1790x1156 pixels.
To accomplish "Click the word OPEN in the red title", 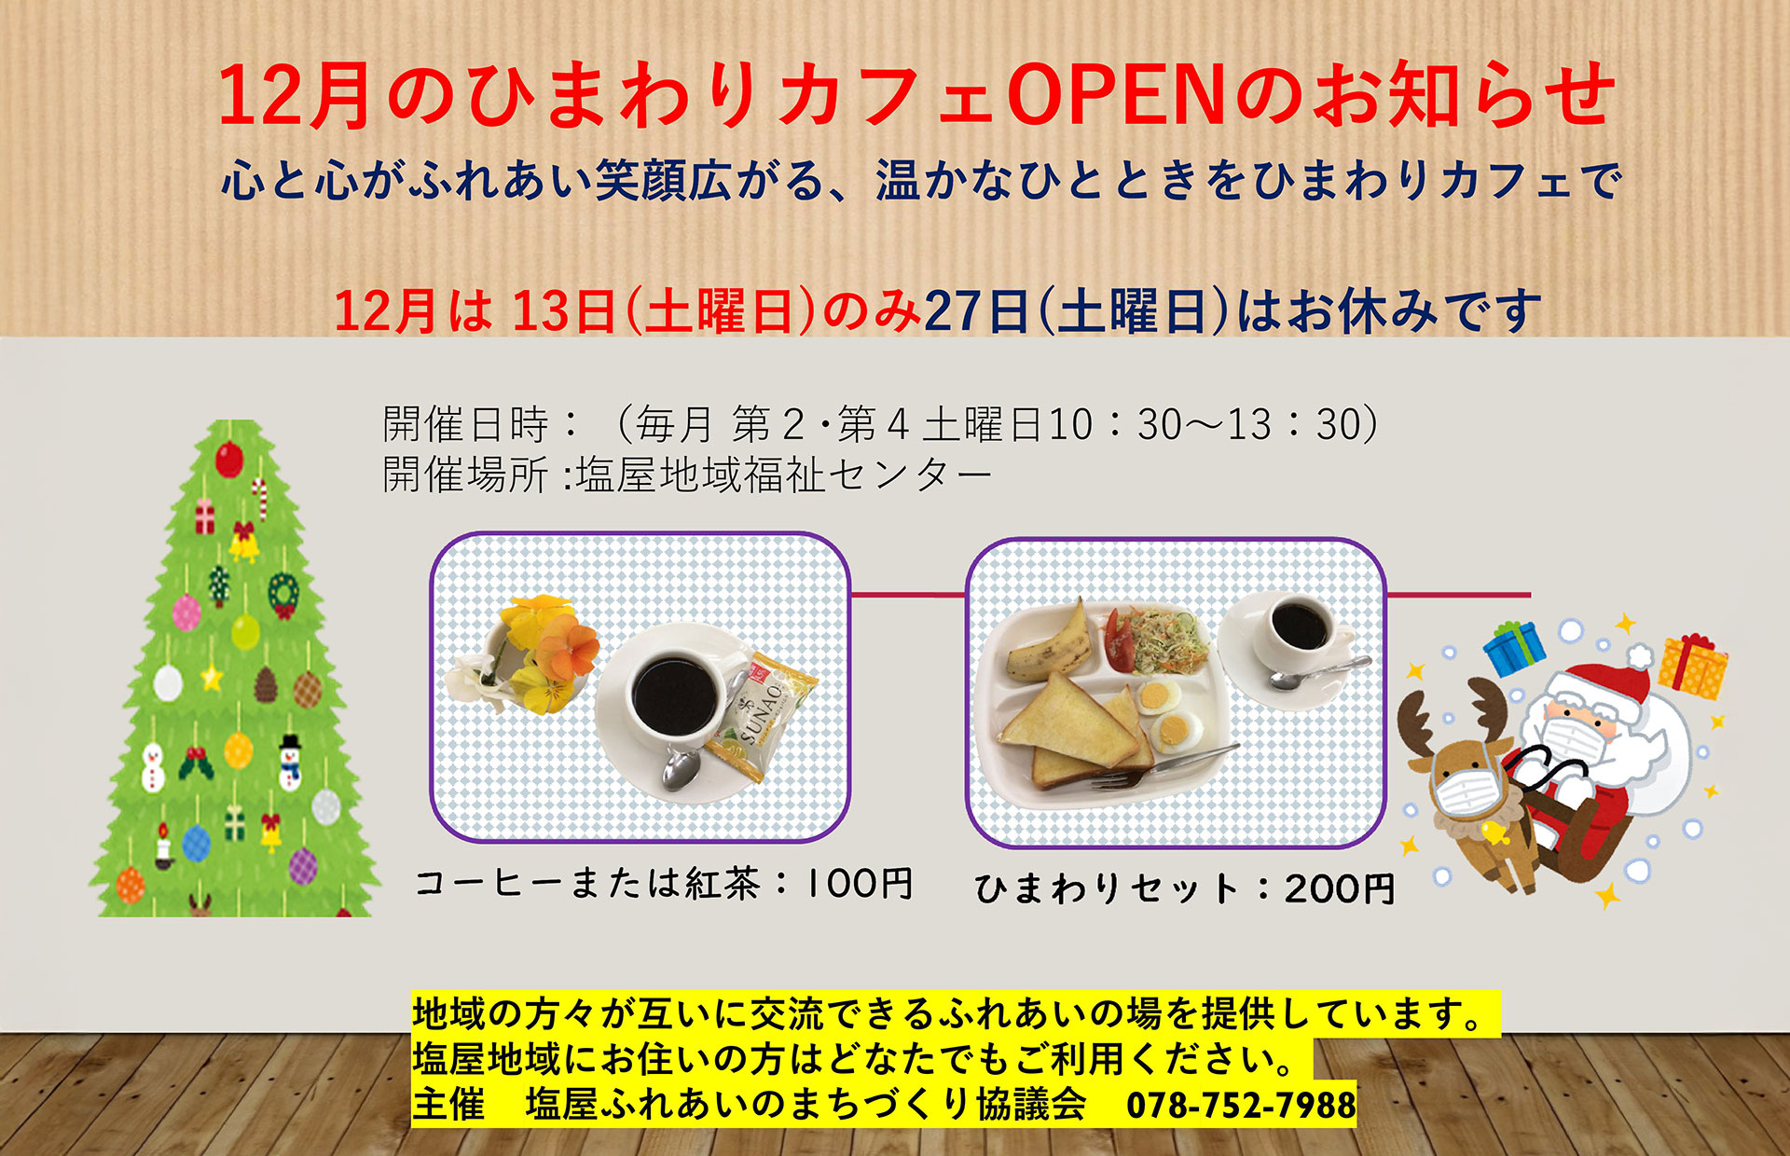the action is click(1116, 97).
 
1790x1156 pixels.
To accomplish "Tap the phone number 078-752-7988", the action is click(1241, 1106).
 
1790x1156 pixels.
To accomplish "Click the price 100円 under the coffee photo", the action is click(858, 883).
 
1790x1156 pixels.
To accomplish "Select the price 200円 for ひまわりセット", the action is click(1339, 888).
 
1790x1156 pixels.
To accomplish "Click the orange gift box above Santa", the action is click(1692, 665).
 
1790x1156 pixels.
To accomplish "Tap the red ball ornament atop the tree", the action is click(228, 460).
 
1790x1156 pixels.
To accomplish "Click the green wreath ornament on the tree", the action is click(282, 594).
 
